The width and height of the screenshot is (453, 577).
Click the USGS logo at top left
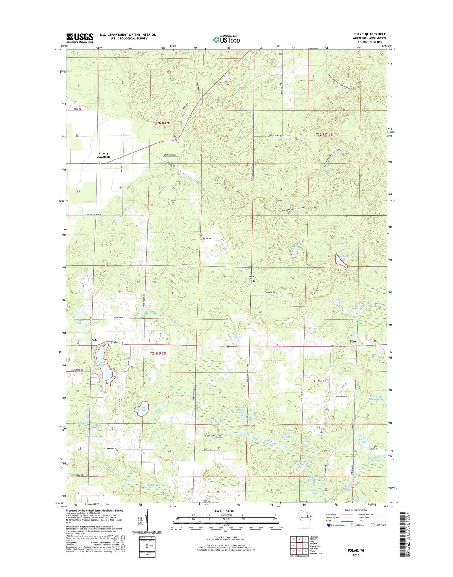click(x=80, y=38)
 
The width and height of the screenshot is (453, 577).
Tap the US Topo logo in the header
click(x=226, y=39)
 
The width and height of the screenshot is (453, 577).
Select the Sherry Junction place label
click(x=103, y=155)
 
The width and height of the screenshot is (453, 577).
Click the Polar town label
click(x=95, y=340)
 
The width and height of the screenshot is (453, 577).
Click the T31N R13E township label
click(x=322, y=381)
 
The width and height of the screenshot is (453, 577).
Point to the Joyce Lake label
click(x=239, y=336)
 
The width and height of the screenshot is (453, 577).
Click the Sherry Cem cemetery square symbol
click(x=254, y=281)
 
